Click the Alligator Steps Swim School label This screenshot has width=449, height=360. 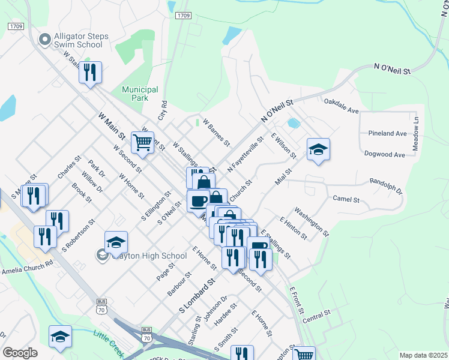pyautogui.click(x=80, y=40)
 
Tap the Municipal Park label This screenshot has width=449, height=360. pyautogui.click(x=140, y=93)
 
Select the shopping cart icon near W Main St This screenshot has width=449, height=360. pyautogui.click(x=142, y=143)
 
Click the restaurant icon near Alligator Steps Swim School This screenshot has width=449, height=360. pyautogui.click(x=90, y=73)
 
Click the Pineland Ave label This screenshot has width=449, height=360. pyautogui.click(x=388, y=133)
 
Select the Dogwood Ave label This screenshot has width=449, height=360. pyautogui.click(x=385, y=154)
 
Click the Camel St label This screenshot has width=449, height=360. pyautogui.click(x=346, y=199)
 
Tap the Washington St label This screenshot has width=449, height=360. pyautogui.click(x=312, y=221)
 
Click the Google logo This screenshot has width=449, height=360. pyautogui.click(x=20, y=353)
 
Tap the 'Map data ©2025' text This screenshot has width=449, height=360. pyautogui.click(x=423, y=355)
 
